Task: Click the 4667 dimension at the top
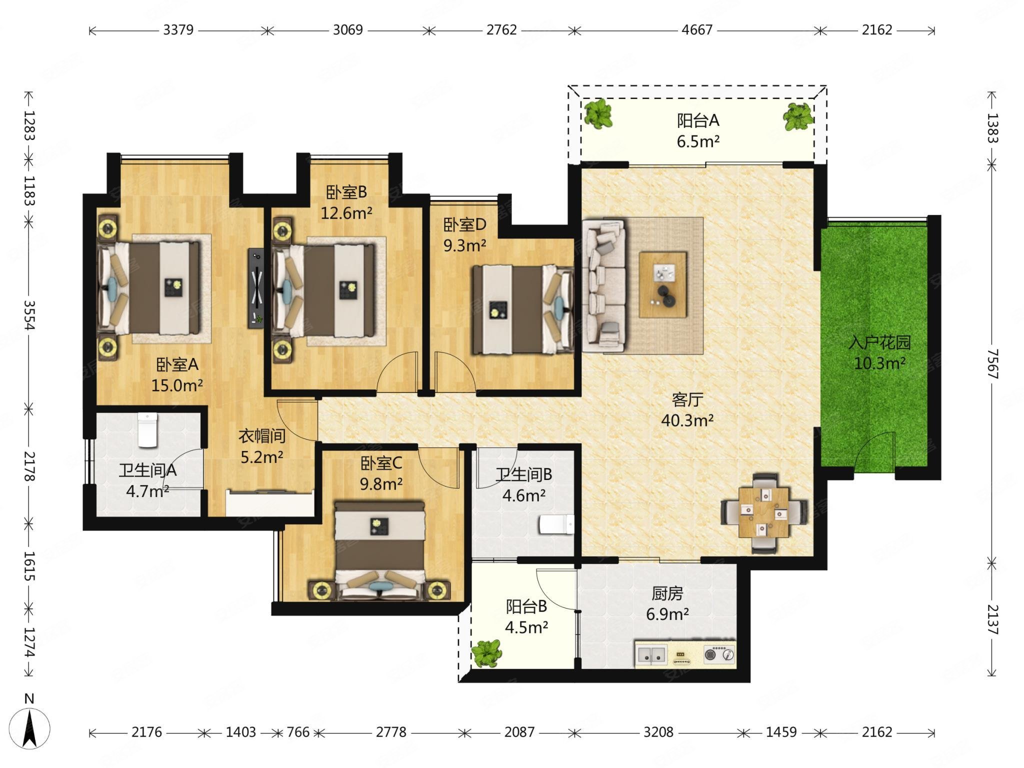[x=697, y=30]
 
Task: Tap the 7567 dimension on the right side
[x=992, y=364]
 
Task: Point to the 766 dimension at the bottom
[x=298, y=732]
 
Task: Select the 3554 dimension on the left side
[x=29, y=315]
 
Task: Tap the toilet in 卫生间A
[x=147, y=429]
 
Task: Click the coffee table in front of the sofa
[x=662, y=284]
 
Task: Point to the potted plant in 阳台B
[x=486, y=652]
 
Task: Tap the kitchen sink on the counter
[x=651, y=654]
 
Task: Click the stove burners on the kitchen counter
[x=719, y=654]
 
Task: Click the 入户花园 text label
[x=879, y=342]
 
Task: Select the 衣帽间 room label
[x=261, y=436]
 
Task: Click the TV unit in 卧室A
[x=257, y=287]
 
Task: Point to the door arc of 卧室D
[x=455, y=370]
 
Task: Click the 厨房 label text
[x=667, y=593]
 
